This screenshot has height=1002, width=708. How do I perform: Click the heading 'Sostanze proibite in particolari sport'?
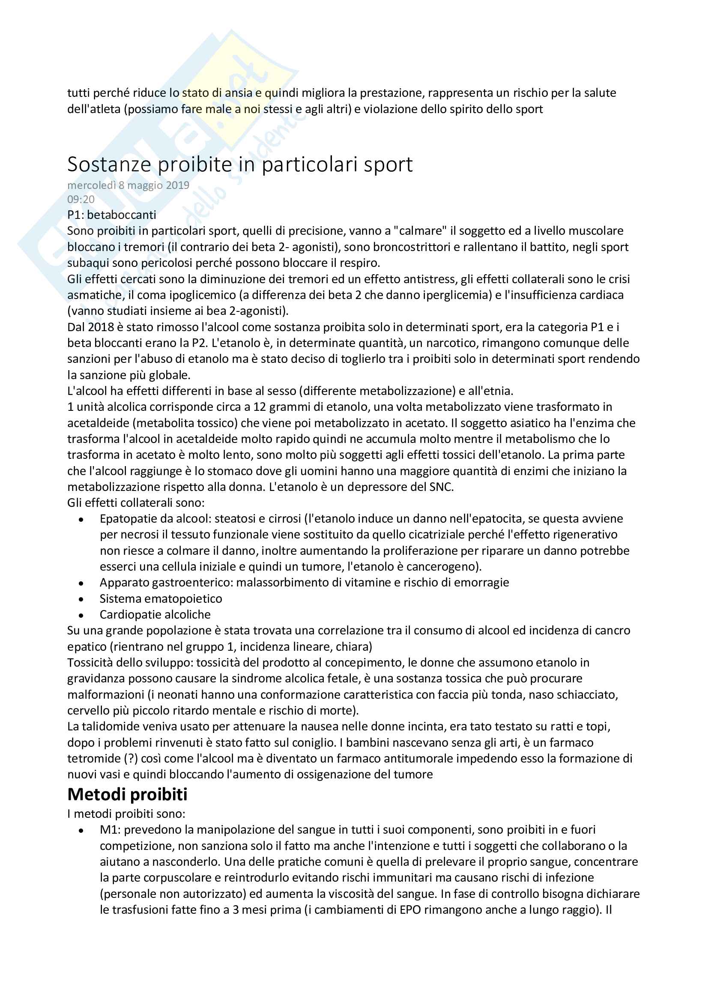[240, 165]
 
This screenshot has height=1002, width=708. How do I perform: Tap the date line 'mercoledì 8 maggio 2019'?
[128, 185]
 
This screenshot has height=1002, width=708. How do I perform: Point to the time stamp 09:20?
[81, 200]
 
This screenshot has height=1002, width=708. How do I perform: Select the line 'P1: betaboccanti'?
[112, 215]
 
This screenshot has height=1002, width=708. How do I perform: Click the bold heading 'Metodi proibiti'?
[127, 795]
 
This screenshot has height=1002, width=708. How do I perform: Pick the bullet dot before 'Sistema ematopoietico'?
[81, 599]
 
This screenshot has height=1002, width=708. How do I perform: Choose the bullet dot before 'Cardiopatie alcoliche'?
[81, 615]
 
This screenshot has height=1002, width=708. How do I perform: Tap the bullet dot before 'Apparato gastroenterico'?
[81, 583]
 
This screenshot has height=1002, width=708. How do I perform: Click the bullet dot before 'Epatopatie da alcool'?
[81, 519]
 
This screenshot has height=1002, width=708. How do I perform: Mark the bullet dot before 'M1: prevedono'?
[81, 831]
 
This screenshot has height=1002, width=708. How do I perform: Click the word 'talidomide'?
[108, 727]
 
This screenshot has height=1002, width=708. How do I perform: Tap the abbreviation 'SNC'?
[441, 487]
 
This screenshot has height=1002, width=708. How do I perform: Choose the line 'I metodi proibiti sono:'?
[126, 814]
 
